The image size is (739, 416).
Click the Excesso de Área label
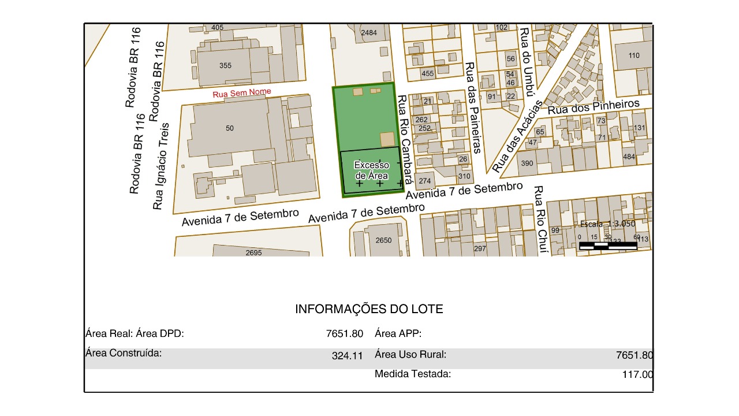tap(372, 170)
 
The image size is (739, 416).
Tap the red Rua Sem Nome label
tap(242, 93)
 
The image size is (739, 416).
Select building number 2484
tap(368, 33)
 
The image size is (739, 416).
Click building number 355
tap(225, 65)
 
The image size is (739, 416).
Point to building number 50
tap(230, 128)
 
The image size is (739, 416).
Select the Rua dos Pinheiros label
tap(594, 106)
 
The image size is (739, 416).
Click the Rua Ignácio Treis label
tap(161, 166)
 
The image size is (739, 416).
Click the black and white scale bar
tap(608, 246)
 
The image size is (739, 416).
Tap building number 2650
tap(383, 240)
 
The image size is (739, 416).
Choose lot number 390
tap(527, 164)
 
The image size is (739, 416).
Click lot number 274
tap(425, 181)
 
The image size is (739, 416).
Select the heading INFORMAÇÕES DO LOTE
tap(369, 309)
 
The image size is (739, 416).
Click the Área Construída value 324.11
tap(347, 356)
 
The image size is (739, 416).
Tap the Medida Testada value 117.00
tap(637, 374)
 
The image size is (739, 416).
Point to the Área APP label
tap(398, 333)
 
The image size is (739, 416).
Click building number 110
tap(634, 55)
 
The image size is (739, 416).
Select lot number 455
tap(427, 73)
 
